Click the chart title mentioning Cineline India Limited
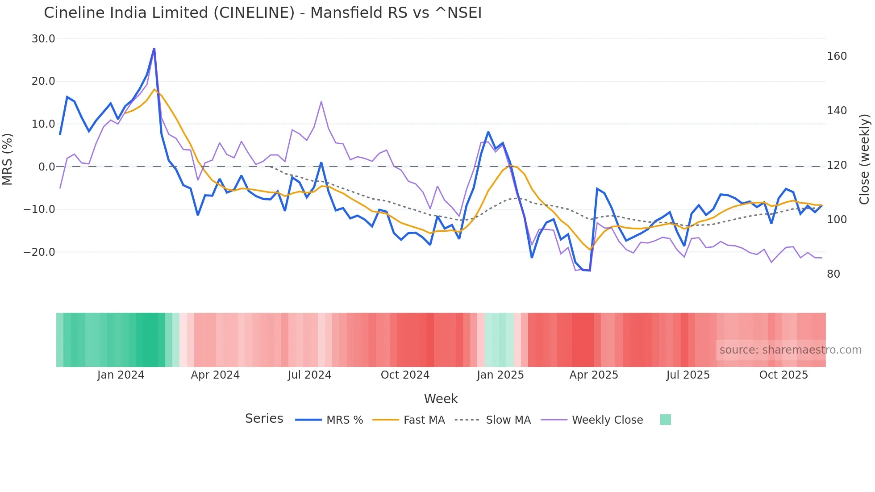coord(262,13)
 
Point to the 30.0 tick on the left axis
coord(43,39)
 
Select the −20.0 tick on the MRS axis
coord(39,252)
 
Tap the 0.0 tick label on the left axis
coord(46,167)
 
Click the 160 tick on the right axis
coord(837,56)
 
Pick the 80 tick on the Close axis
coord(833,274)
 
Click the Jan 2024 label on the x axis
coord(121,375)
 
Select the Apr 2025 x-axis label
coord(593,375)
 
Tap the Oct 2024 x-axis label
coord(405,375)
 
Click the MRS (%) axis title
coord(8,159)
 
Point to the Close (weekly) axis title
coord(864,159)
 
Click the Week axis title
coord(441,399)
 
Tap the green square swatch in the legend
coord(665,420)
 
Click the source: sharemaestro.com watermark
coord(790,350)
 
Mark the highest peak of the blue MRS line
coord(154,48)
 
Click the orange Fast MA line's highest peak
coord(154,89)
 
